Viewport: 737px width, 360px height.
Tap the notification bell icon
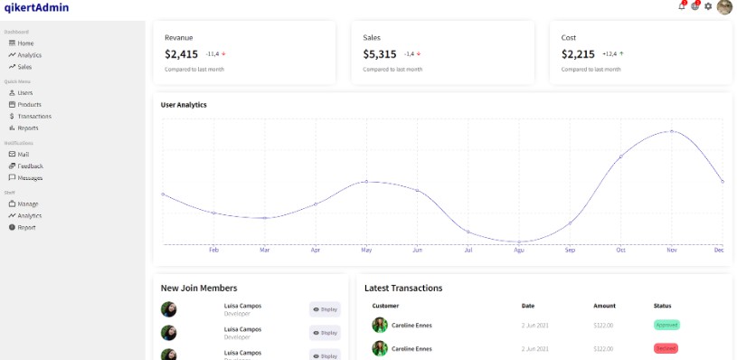coord(681,6)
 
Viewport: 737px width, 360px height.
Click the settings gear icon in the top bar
coord(708,6)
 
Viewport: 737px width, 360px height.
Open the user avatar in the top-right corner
coord(724,7)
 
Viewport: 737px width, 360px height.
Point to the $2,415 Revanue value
coord(181,54)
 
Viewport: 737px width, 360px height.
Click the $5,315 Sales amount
coord(380,54)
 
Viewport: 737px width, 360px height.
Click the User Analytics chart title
coord(184,105)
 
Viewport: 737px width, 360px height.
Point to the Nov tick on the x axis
coord(671,250)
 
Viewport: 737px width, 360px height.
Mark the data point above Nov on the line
coord(671,131)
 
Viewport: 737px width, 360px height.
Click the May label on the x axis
coord(366,250)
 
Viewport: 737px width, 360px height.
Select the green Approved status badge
coord(666,325)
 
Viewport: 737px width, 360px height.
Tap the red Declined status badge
coord(666,348)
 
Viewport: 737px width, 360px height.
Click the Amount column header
coord(604,306)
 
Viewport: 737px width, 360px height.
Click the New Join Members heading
coord(199,288)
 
